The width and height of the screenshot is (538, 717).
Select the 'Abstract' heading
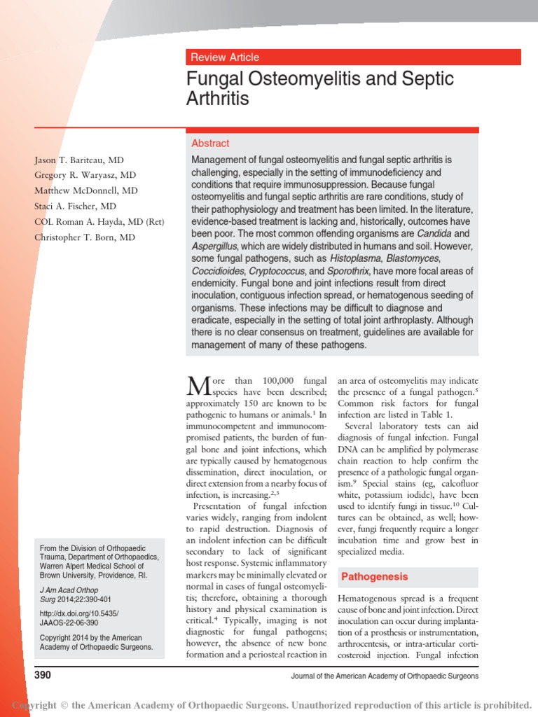click(x=210, y=144)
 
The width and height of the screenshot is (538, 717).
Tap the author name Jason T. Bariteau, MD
click(x=79, y=160)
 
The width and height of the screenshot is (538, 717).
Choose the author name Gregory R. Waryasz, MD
click(x=85, y=175)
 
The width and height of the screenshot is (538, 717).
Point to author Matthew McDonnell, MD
click(x=86, y=190)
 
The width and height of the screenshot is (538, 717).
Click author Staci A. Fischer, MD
click(x=76, y=207)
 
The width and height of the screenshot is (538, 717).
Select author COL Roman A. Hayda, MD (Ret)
click(x=99, y=222)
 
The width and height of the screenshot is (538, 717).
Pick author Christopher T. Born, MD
click(x=85, y=237)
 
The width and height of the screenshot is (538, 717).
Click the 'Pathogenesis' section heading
click(x=374, y=577)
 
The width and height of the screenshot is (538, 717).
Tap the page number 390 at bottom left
click(x=43, y=675)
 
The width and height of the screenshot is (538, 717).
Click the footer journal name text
click(x=384, y=676)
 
